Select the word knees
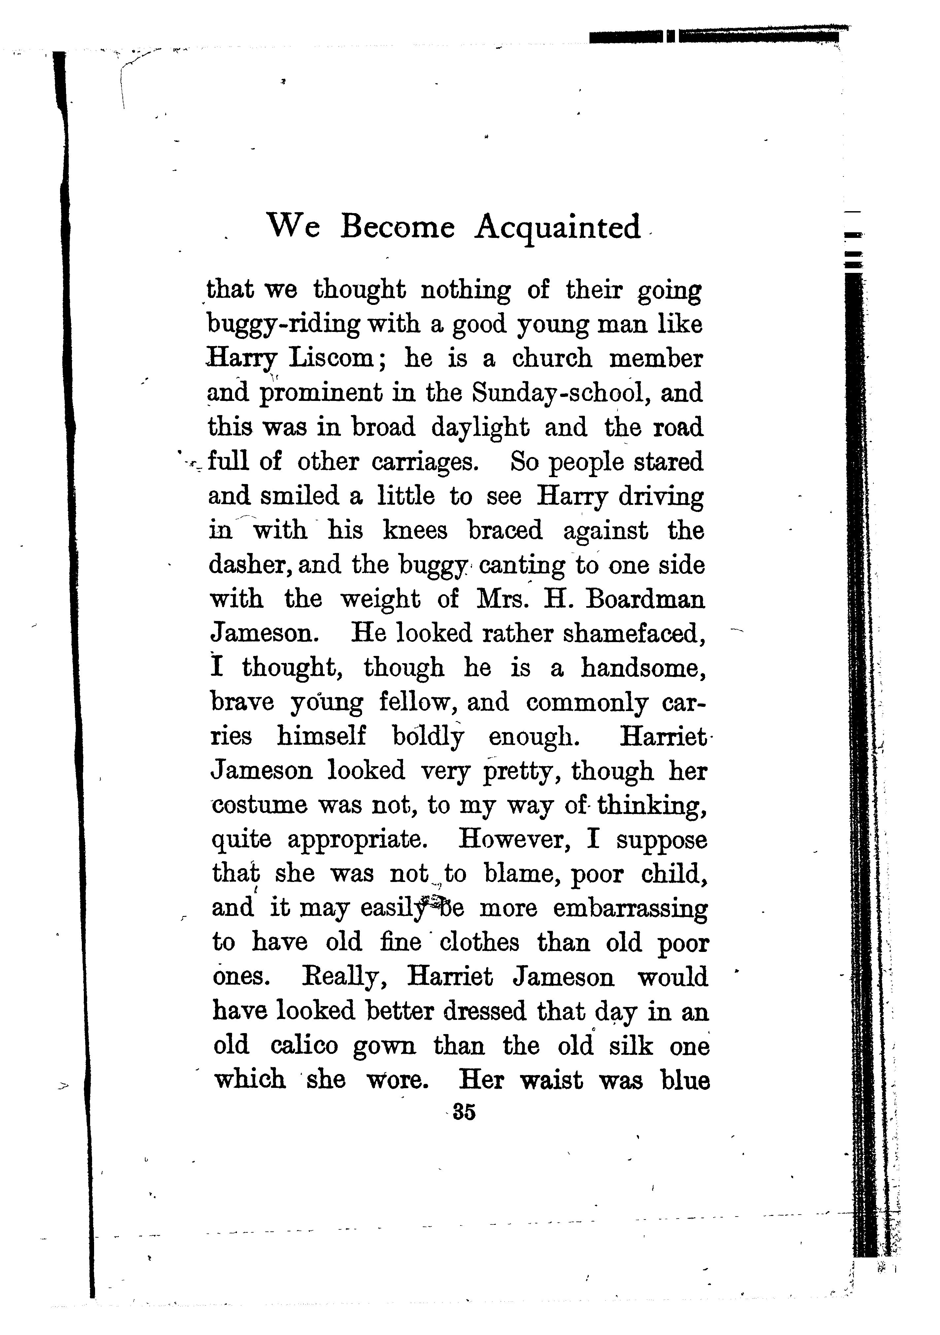click(x=415, y=531)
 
